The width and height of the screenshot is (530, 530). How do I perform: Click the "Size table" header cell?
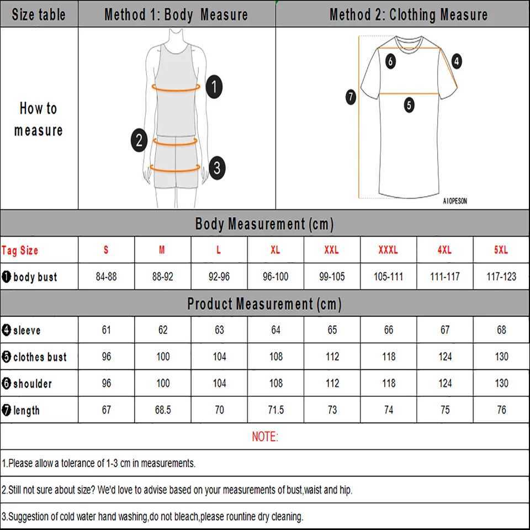38,14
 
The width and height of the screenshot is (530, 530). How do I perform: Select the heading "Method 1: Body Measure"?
176,14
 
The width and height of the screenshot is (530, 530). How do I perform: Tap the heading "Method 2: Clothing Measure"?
409,14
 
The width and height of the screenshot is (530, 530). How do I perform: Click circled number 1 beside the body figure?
214,87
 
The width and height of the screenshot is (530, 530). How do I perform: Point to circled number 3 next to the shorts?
217,167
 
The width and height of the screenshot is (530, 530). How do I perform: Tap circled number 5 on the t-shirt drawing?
409,105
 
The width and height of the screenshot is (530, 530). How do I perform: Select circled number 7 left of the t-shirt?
350,98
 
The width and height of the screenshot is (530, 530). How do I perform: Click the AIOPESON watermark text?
454,202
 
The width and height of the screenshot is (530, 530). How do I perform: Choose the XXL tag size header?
331,250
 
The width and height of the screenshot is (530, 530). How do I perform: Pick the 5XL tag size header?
501,250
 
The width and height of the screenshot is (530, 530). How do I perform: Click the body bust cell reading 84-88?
106,277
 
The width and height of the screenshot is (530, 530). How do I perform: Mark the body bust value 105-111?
388,277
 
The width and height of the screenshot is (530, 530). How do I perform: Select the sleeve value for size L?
219,330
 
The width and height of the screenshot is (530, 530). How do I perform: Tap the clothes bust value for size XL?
275,357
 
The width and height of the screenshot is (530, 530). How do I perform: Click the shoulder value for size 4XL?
445,383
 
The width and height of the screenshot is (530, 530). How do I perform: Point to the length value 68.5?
163,410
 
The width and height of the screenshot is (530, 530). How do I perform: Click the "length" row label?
26,410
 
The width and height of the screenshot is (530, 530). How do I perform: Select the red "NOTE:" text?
265,437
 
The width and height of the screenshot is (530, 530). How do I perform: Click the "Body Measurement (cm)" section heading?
264,224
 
